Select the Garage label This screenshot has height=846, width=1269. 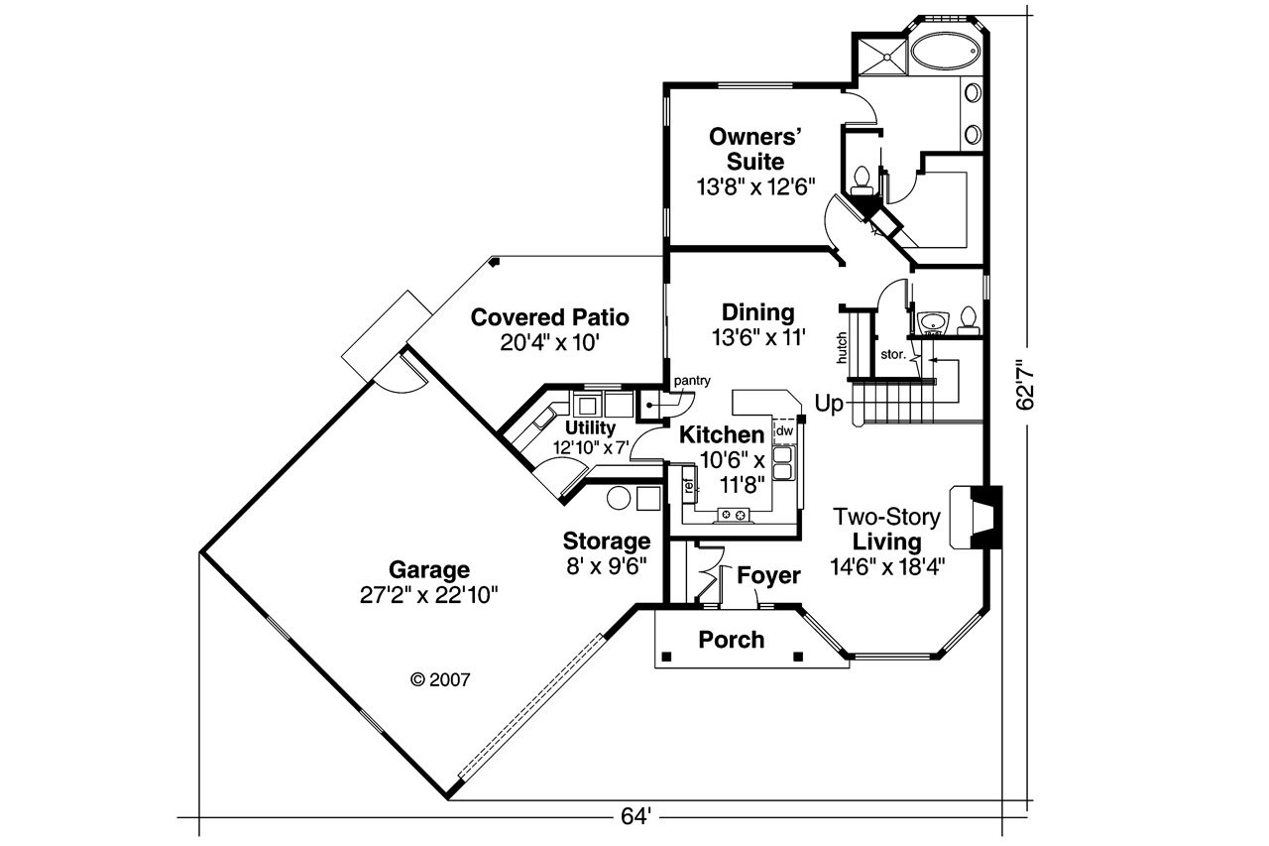[x=428, y=570]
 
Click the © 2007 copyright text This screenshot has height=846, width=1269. [x=439, y=680]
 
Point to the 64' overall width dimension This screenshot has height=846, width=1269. [x=635, y=817]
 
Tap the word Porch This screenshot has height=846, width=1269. [x=732, y=640]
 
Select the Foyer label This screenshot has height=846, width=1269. [x=768, y=575]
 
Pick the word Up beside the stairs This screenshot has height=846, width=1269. [x=830, y=403]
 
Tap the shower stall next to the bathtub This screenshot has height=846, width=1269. [x=879, y=55]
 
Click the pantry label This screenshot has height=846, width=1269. [x=691, y=381]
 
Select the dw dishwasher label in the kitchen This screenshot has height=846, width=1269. [x=783, y=430]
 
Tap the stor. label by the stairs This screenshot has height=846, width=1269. [x=892, y=353]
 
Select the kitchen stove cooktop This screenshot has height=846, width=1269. [x=735, y=514]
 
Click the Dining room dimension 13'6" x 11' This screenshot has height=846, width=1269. [x=757, y=337]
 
